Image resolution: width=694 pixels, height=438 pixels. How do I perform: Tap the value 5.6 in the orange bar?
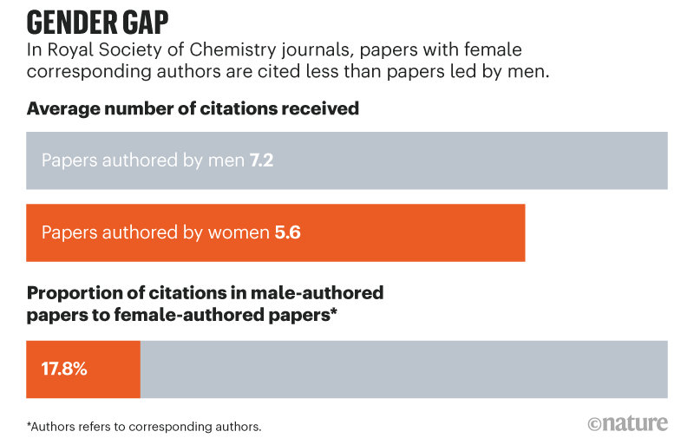[x=287, y=232]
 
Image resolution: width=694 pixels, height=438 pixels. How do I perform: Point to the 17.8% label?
[x=64, y=369]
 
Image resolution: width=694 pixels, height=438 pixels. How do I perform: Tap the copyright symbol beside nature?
[x=594, y=423]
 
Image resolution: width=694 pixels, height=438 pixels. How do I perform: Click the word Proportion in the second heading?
[x=74, y=293]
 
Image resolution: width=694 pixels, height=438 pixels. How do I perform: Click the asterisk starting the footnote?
[x=29, y=425]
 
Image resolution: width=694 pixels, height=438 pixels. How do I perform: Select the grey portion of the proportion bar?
[x=403, y=369]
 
